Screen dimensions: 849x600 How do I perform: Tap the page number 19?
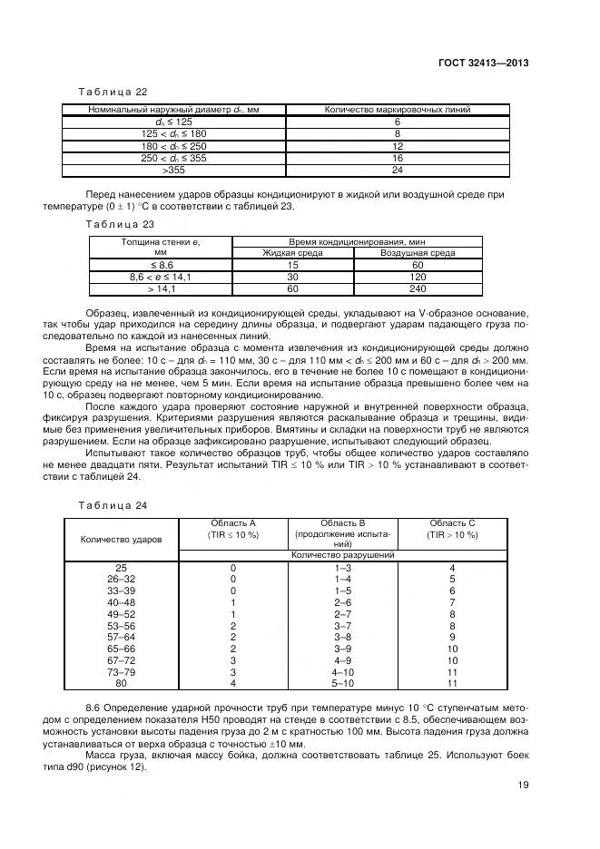coord(523,786)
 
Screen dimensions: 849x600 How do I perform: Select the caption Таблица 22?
coord(110,91)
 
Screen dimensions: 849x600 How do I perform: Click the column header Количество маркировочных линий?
coord(398,110)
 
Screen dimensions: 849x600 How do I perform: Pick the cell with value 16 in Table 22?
coord(398,157)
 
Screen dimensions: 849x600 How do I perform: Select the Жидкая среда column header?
coord(293,253)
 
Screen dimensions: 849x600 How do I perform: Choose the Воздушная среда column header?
coord(418,253)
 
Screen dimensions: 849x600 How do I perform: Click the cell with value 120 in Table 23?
coord(418,276)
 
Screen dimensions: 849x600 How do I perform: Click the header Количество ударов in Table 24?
coord(122,539)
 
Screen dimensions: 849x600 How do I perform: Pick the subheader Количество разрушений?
coord(342,553)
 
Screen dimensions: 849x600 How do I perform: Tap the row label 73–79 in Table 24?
coord(122,672)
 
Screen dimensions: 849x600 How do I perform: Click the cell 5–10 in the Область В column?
coord(342,683)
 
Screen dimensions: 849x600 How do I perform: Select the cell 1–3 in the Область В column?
coord(342,567)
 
